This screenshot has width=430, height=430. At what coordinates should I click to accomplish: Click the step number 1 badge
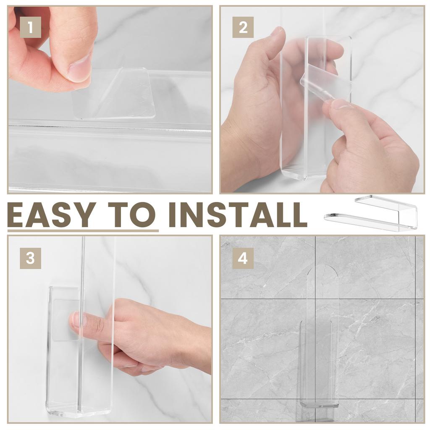tap(30, 27)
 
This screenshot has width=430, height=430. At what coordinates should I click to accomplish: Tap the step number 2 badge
tap(243, 27)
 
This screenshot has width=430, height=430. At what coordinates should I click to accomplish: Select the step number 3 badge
tap(30, 258)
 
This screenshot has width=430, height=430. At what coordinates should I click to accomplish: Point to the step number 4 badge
tap(243, 258)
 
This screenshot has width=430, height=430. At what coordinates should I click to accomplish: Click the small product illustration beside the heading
tap(371, 212)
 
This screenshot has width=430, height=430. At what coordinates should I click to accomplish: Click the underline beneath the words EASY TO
tap(83, 231)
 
